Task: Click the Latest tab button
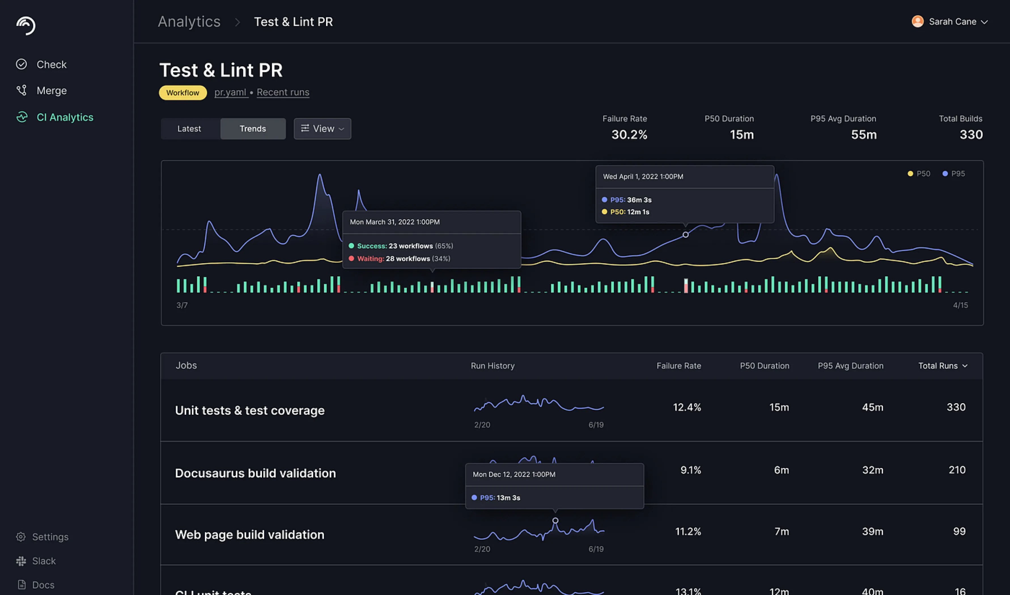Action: coord(189,129)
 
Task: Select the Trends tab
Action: coord(252,129)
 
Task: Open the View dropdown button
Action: coord(322,129)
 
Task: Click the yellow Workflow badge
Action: coord(183,93)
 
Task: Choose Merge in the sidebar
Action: coord(51,91)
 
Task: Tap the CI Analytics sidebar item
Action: coord(65,117)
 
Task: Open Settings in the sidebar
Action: coord(50,537)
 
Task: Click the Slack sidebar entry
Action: coord(44,561)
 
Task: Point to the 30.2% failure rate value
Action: coord(629,135)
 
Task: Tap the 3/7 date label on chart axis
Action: coord(182,305)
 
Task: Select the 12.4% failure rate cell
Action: coord(687,407)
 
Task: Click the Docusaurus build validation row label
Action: coord(255,473)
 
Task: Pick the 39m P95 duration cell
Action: coord(873,532)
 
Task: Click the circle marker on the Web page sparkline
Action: coord(555,521)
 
